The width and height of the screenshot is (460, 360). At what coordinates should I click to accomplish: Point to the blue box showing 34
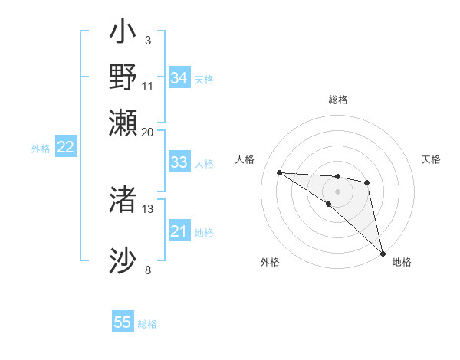[x=179, y=78]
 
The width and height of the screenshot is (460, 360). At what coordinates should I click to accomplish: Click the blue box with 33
[x=179, y=162]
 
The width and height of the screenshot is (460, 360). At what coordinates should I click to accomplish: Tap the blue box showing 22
[x=65, y=148]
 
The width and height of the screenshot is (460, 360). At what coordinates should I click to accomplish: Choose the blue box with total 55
[x=123, y=322]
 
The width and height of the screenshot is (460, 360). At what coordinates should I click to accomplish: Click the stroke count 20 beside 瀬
[x=147, y=132]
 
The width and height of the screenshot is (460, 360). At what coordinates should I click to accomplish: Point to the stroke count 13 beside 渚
[x=148, y=208]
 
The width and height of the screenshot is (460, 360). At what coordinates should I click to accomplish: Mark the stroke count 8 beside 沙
[x=148, y=270]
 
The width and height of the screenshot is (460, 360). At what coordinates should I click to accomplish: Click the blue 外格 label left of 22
[x=41, y=149]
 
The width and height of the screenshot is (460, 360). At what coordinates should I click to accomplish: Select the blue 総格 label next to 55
[x=147, y=324]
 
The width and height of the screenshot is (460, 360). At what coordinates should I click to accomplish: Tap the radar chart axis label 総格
[x=337, y=100]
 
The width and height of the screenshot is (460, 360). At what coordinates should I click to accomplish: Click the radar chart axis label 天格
[x=431, y=159]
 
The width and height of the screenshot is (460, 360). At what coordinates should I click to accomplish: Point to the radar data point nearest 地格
[x=383, y=253]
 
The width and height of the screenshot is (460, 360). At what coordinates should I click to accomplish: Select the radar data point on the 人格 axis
[x=280, y=172]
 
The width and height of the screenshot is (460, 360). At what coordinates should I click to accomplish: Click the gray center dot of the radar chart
[x=337, y=191]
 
